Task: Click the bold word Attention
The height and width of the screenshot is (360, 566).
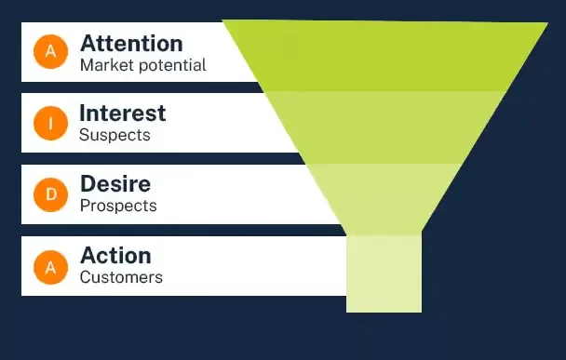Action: click(131, 43)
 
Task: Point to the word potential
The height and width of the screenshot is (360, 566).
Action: click(168, 65)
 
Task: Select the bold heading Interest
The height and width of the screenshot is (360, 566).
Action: click(123, 113)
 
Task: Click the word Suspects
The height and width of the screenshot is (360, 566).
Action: click(115, 136)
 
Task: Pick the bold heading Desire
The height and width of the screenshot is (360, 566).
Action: click(115, 183)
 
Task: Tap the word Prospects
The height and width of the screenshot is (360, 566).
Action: click(118, 206)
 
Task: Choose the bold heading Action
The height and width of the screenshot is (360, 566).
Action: click(115, 254)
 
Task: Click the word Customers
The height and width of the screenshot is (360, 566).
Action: click(121, 277)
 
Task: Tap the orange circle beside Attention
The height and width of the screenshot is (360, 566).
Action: click(50, 52)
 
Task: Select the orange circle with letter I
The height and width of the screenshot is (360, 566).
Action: click(50, 123)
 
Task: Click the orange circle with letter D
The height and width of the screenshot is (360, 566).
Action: click(50, 194)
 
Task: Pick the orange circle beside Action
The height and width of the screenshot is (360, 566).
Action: click(50, 266)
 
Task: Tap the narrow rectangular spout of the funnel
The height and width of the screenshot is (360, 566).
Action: click(384, 272)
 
